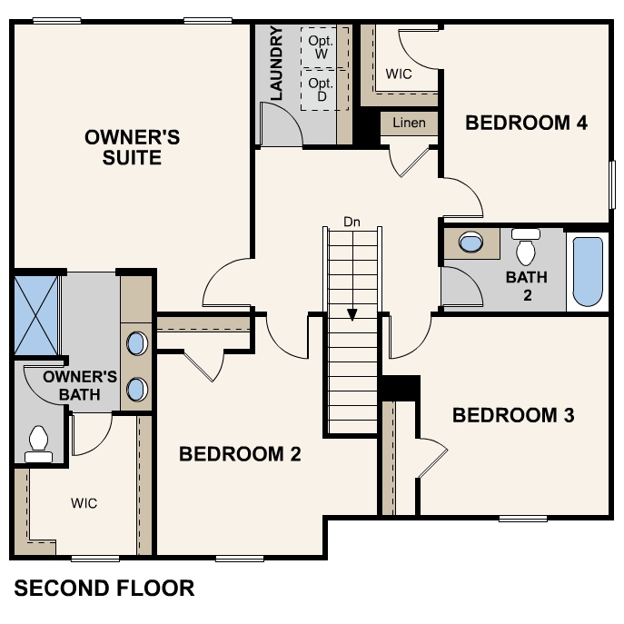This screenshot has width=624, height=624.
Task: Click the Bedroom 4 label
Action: tap(526, 123)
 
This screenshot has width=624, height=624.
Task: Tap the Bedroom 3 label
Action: tap(513, 415)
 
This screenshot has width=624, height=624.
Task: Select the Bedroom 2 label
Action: tap(240, 454)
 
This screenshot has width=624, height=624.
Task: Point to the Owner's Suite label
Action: tap(132, 147)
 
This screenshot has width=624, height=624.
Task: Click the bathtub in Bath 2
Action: tap(588, 272)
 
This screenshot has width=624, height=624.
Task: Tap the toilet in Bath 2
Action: tap(526, 246)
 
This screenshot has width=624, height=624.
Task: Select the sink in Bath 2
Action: tap(470, 242)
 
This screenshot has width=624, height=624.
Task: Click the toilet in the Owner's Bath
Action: tap(38, 444)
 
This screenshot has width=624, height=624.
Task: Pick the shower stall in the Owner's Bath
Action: tap(36, 315)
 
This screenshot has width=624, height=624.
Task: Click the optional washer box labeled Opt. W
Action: tap(321, 47)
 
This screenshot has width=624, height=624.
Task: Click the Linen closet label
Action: tap(409, 123)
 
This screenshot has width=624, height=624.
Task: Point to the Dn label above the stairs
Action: tap(352, 222)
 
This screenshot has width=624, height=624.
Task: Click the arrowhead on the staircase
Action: tap(352, 315)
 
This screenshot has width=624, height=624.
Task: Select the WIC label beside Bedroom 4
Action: tap(399, 74)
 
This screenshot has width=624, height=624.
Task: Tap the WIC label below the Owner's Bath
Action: tap(84, 503)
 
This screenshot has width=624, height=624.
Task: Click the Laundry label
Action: tap(276, 64)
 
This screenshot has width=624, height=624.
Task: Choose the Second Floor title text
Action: tap(104, 589)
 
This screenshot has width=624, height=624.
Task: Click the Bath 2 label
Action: tap(527, 286)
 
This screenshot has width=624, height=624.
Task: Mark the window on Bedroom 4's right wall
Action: tap(613, 184)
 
